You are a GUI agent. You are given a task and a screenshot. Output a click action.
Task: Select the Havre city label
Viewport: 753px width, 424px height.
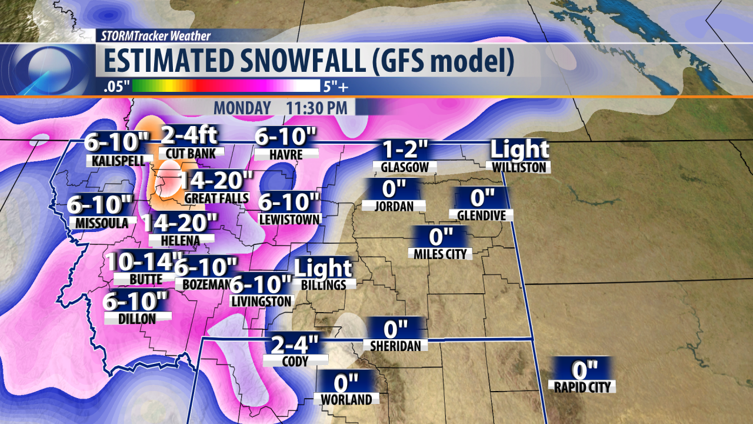286,154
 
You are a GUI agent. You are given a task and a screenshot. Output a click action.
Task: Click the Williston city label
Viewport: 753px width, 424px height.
520,167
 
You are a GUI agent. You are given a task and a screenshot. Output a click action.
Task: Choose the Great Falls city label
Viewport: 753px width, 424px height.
216,198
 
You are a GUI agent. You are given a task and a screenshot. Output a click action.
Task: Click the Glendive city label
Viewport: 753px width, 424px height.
481,216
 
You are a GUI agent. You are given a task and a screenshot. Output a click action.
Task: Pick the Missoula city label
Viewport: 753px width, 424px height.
101,223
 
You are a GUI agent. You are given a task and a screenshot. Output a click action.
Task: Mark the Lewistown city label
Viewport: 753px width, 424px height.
289,219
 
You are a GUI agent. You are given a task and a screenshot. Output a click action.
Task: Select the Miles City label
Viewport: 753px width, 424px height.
441,254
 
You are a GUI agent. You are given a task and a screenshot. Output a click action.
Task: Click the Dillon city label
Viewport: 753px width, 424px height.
137,318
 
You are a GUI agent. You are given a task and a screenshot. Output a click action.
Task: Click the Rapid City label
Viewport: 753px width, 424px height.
583,387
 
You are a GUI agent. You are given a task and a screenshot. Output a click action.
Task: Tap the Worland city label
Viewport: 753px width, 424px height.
346,399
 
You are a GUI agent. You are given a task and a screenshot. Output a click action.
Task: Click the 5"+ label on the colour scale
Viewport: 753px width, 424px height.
335,87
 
